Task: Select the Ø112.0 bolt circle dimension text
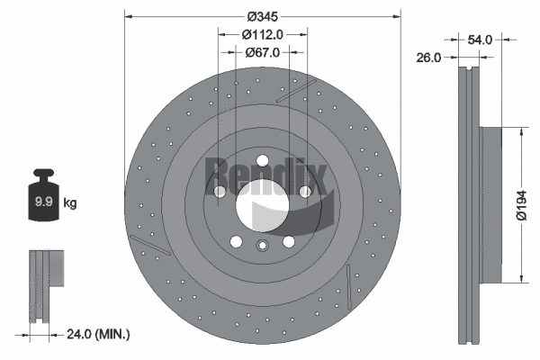[263, 34]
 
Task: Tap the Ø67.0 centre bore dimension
[263, 52]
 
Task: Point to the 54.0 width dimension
[480, 40]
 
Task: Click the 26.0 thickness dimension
[429, 58]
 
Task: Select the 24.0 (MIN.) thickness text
[98, 334]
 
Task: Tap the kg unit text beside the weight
[69, 203]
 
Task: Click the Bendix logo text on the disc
[261, 171]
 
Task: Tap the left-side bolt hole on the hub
[220, 191]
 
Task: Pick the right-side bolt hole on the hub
[304, 191]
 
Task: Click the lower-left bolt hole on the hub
[236, 241]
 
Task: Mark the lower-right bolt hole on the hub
[289, 241]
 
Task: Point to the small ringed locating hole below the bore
[262, 247]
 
